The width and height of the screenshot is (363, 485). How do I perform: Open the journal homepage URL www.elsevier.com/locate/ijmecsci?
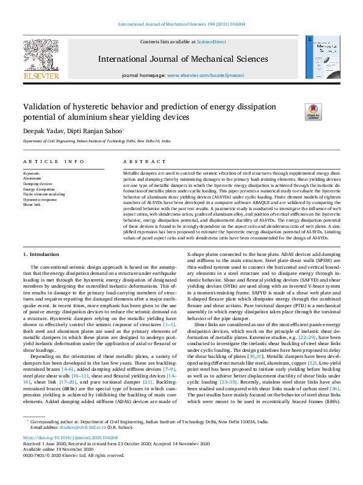point(215,75)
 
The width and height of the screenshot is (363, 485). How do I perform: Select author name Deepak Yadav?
point(40,130)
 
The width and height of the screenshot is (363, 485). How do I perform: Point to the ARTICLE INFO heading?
point(54,162)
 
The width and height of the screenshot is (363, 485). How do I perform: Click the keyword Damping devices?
point(38,183)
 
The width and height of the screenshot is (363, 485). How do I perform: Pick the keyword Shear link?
point(32,205)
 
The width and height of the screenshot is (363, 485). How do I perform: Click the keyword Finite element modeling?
point(44,194)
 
